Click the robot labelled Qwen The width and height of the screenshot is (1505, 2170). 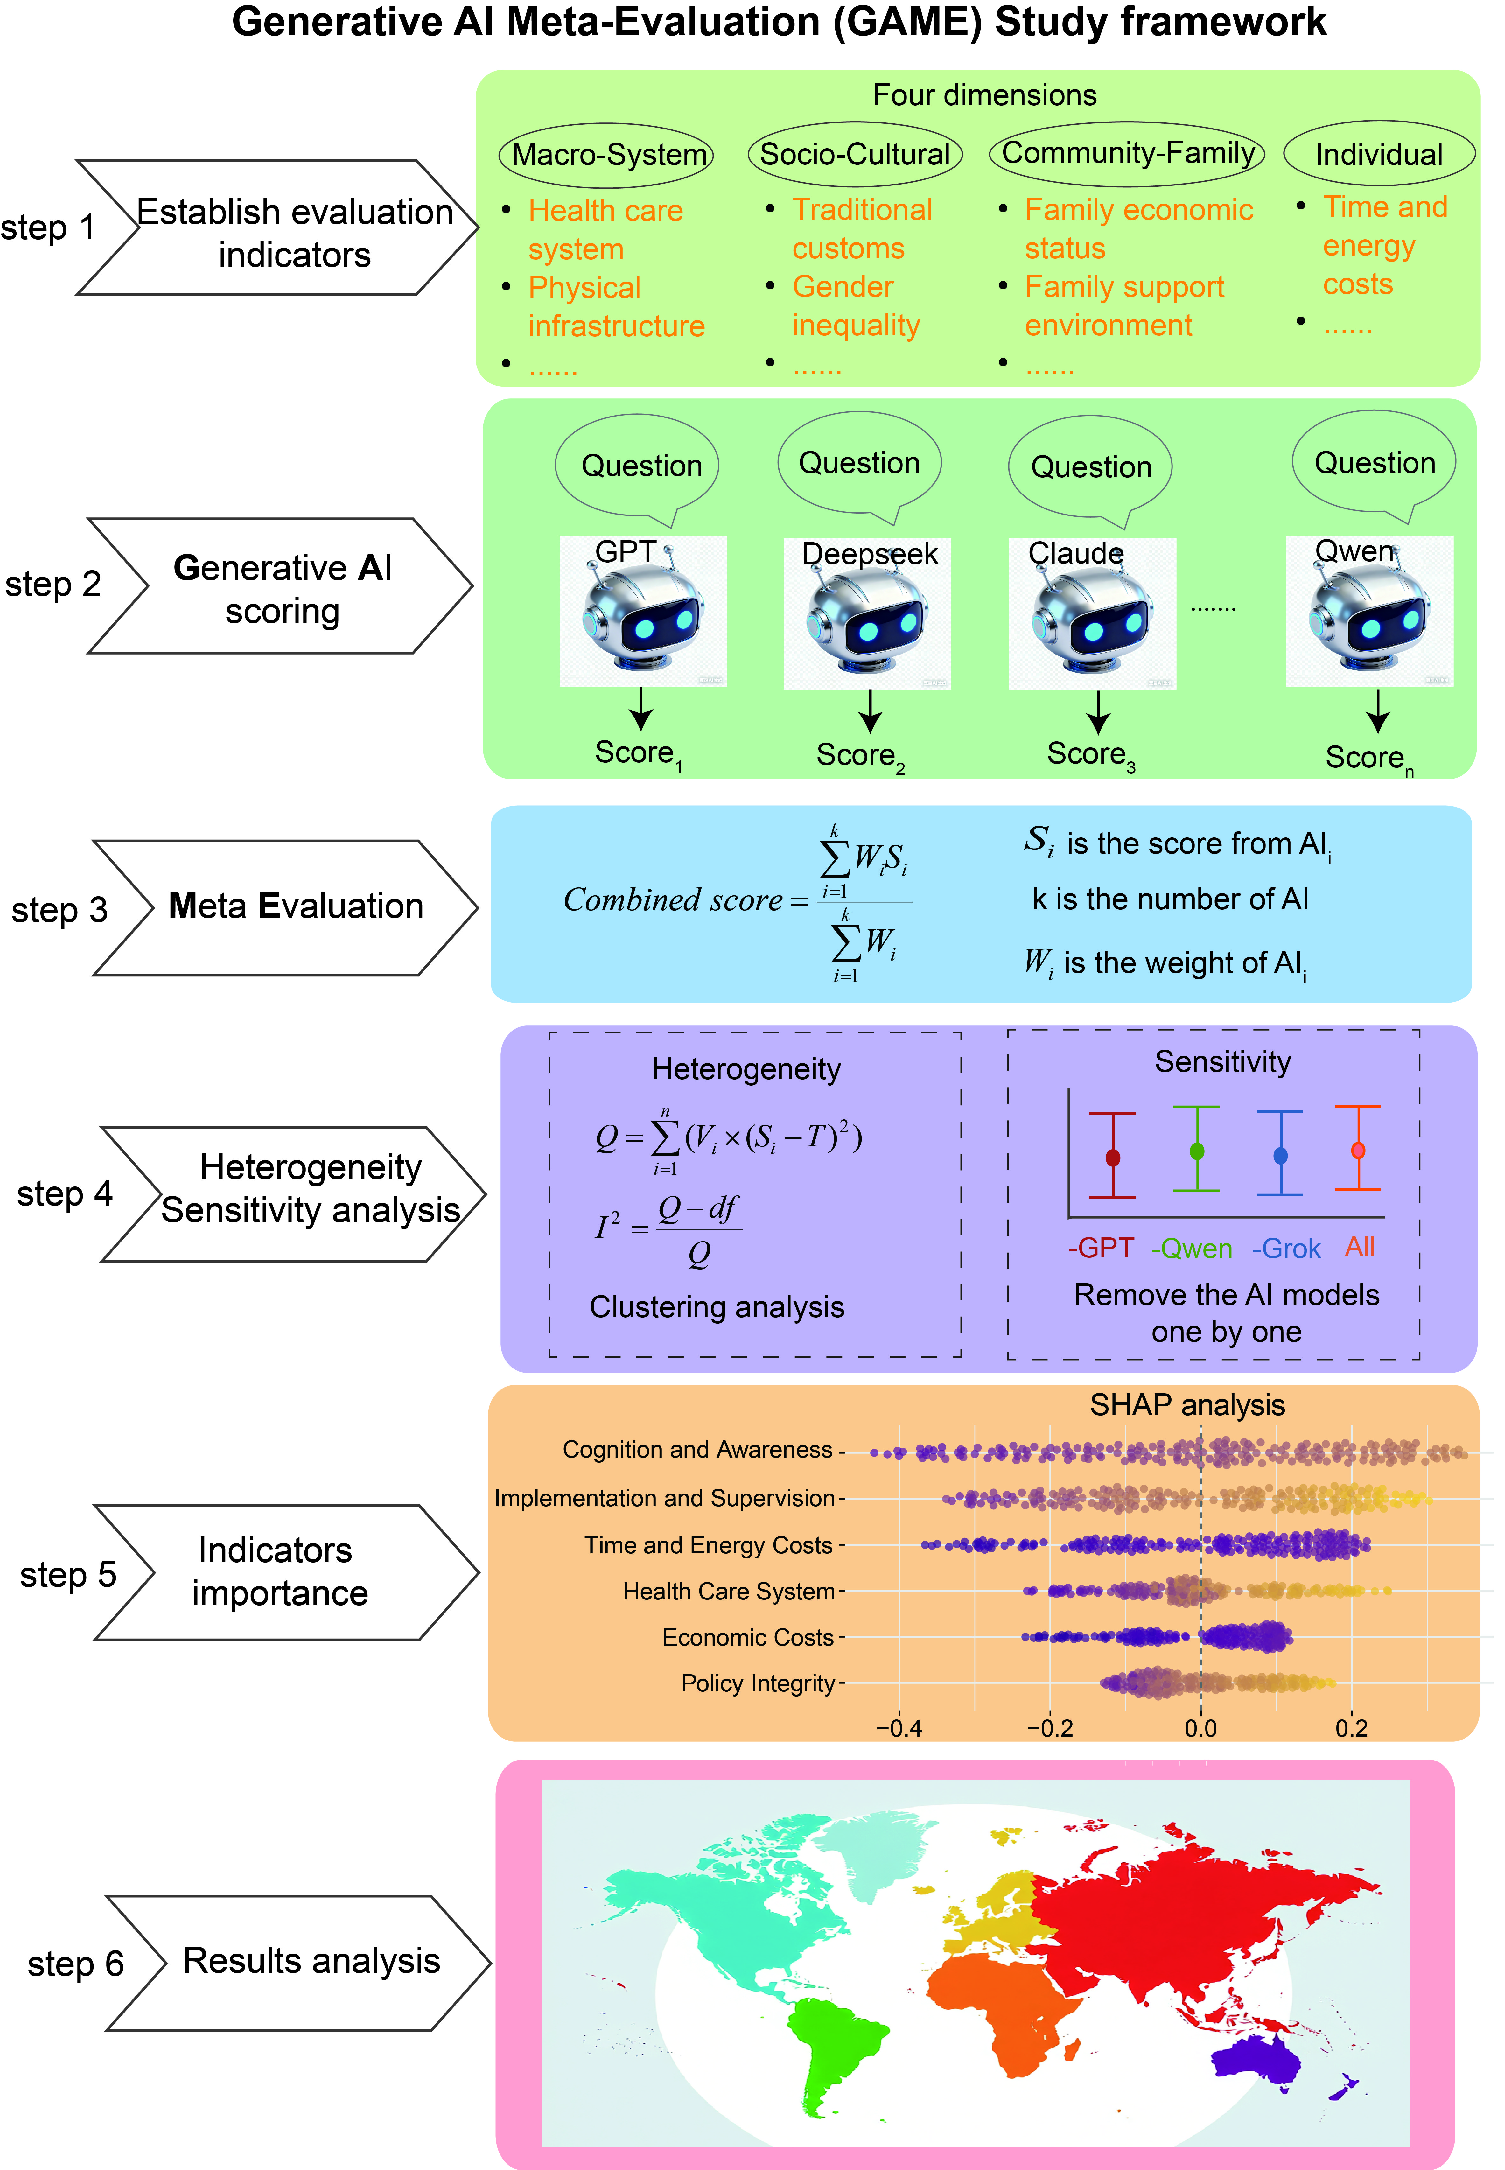1369,610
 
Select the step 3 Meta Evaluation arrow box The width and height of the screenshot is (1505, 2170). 286,907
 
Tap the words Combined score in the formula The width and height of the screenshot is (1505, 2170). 672,900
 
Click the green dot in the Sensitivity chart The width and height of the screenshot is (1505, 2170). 1197,1151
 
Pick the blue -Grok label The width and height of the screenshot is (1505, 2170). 1286,1249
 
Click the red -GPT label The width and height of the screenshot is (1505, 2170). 1101,1248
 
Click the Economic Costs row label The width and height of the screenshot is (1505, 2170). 748,1637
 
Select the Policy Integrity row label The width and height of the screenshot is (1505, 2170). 758,1683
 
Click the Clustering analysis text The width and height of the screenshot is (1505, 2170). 717,1307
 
